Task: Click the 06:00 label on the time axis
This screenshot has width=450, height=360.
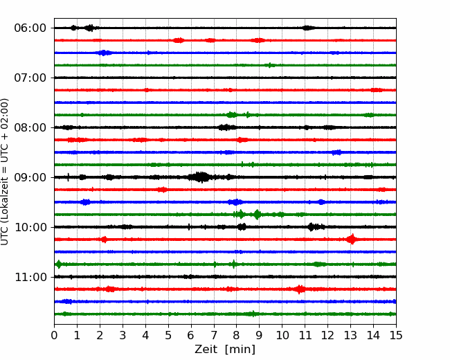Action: [x=30, y=28]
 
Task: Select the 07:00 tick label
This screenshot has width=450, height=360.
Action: [x=30, y=78]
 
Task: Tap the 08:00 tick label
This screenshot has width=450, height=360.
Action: [x=30, y=127]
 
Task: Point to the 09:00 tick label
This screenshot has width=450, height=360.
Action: [x=30, y=177]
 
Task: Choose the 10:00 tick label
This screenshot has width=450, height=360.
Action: [x=30, y=227]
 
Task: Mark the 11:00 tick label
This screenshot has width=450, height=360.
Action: [x=30, y=277]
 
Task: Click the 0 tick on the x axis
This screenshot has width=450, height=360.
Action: [x=54, y=335]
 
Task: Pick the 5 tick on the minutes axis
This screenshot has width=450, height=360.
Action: [x=168, y=335]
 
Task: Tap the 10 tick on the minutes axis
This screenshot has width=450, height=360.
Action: [x=282, y=335]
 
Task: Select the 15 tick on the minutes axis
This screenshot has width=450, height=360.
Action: [x=396, y=335]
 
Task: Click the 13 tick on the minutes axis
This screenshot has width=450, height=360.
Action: [x=350, y=335]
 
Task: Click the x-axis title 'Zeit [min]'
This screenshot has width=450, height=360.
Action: [x=225, y=350]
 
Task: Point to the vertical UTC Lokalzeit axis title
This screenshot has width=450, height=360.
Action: [x=5, y=172]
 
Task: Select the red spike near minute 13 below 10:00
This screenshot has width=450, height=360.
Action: [x=352, y=239]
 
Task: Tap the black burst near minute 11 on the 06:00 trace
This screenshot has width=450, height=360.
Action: [x=307, y=28]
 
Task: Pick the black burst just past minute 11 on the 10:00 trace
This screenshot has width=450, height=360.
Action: [x=315, y=227]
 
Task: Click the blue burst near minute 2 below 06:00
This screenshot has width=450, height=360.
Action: [x=104, y=53]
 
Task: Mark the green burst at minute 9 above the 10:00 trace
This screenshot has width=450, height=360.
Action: [x=257, y=215]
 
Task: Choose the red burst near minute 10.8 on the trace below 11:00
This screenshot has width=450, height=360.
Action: [x=300, y=289]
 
